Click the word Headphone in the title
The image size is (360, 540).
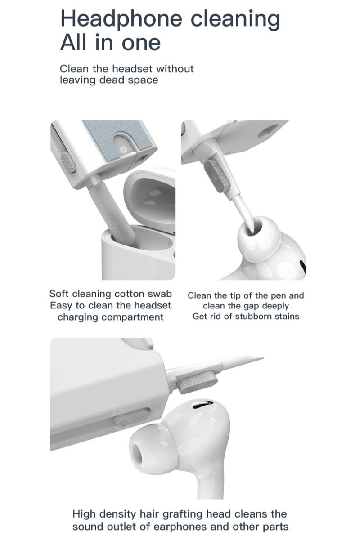pyautogui.click(x=121, y=19)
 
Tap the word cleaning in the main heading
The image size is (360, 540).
pyautogui.click(x=235, y=19)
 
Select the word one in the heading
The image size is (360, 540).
pyautogui.click(x=141, y=43)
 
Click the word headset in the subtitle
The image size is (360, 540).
pyautogui.click(x=132, y=69)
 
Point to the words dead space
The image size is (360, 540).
pyautogui.click(x=129, y=80)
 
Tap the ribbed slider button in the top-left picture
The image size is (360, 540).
pyautogui.click(x=68, y=162)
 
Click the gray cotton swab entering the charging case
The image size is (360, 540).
pyautogui.click(x=112, y=212)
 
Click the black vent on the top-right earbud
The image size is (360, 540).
pyautogui.click(x=302, y=266)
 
